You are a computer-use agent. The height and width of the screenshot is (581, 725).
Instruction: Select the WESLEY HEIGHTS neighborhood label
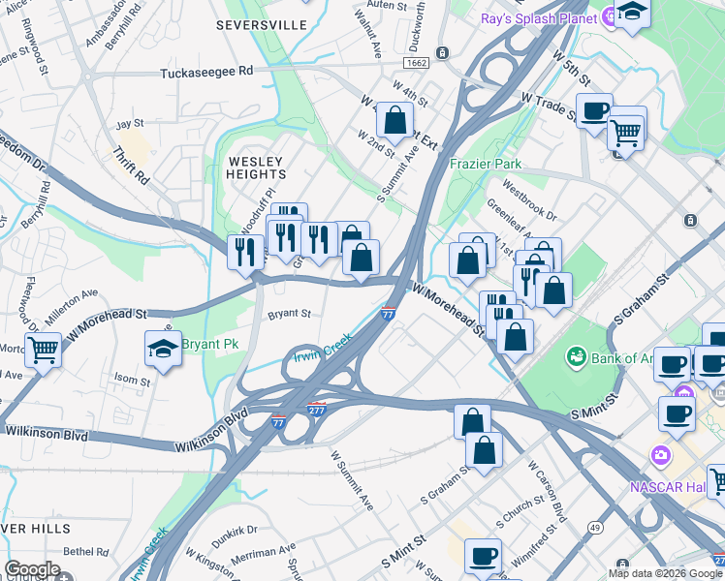(257, 168)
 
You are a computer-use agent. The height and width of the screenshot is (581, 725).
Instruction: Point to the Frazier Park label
(486, 164)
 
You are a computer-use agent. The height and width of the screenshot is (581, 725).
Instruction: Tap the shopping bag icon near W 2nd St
(394, 121)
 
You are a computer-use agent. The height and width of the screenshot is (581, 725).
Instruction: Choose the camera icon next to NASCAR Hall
(660, 454)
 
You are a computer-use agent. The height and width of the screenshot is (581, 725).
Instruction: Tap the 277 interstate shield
(316, 410)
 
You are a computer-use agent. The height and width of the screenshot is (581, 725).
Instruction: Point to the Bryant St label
(289, 314)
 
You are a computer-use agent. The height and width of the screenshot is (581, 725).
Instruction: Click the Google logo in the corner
(33, 568)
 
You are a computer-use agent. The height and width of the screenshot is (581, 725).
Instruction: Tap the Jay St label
(130, 124)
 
